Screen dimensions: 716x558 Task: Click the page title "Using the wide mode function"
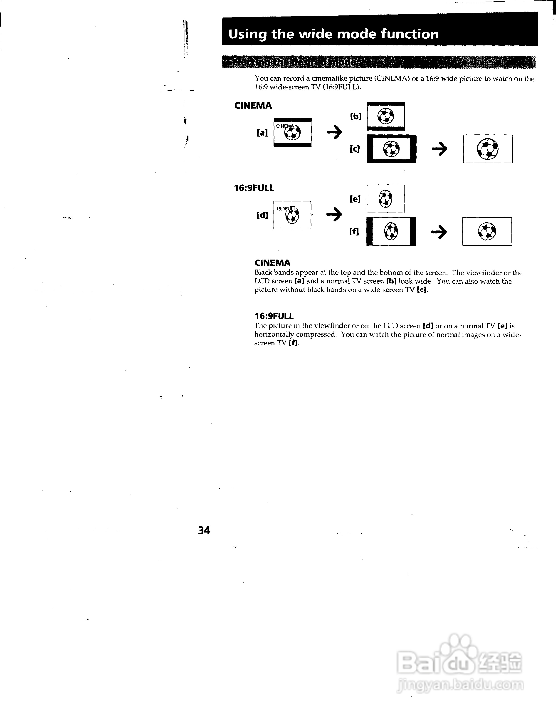pos(333,34)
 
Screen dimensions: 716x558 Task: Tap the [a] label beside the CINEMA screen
pos(262,133)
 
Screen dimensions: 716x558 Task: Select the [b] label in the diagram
pos(356,116)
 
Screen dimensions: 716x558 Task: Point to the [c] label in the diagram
pos(355,149)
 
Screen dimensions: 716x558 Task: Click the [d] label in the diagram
pos(262,215)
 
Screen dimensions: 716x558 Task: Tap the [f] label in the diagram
pos(354,231)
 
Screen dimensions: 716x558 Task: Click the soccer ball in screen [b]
pos(386,116)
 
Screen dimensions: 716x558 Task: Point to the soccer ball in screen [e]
pos(385,199)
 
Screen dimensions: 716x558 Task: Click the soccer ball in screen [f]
pos(391,231)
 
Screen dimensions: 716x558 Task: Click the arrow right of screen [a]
pos(334,132)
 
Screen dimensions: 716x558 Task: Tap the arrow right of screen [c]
pos(439,149)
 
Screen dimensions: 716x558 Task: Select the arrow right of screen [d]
pos(334,215)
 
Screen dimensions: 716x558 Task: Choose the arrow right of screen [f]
pos(439,232)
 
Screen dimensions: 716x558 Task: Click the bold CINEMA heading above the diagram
pos(253,106)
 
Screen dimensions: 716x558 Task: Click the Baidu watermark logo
pos(459,666)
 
